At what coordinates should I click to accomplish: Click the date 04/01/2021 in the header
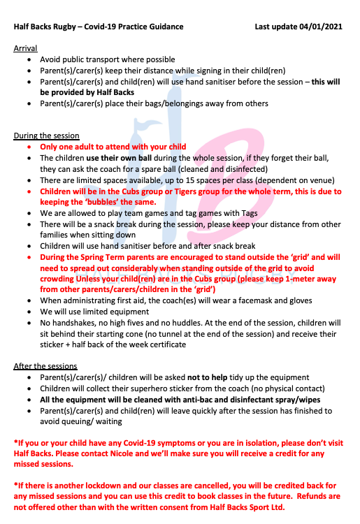pos(321,27)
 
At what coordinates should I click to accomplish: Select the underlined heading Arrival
pos(26,48)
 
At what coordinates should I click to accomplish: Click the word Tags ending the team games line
pos(247,213)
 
